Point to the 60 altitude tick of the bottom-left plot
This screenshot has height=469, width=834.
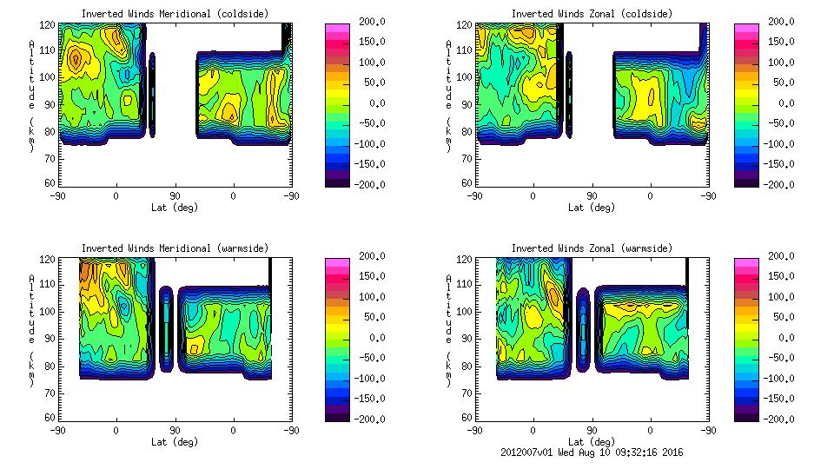tap(51, 417)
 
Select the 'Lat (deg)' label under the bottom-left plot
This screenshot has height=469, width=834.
tap(175, 442)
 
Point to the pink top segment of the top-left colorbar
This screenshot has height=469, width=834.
tap(337, 29)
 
